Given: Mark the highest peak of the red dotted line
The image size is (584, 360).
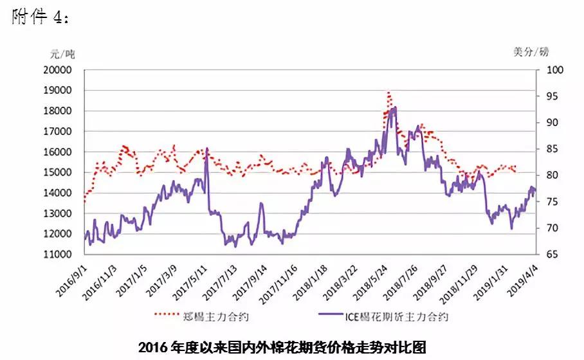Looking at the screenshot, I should [389, 93].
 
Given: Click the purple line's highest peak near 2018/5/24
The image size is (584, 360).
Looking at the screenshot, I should [394, 108].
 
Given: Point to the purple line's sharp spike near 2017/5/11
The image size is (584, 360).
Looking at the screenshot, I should [206, 148].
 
